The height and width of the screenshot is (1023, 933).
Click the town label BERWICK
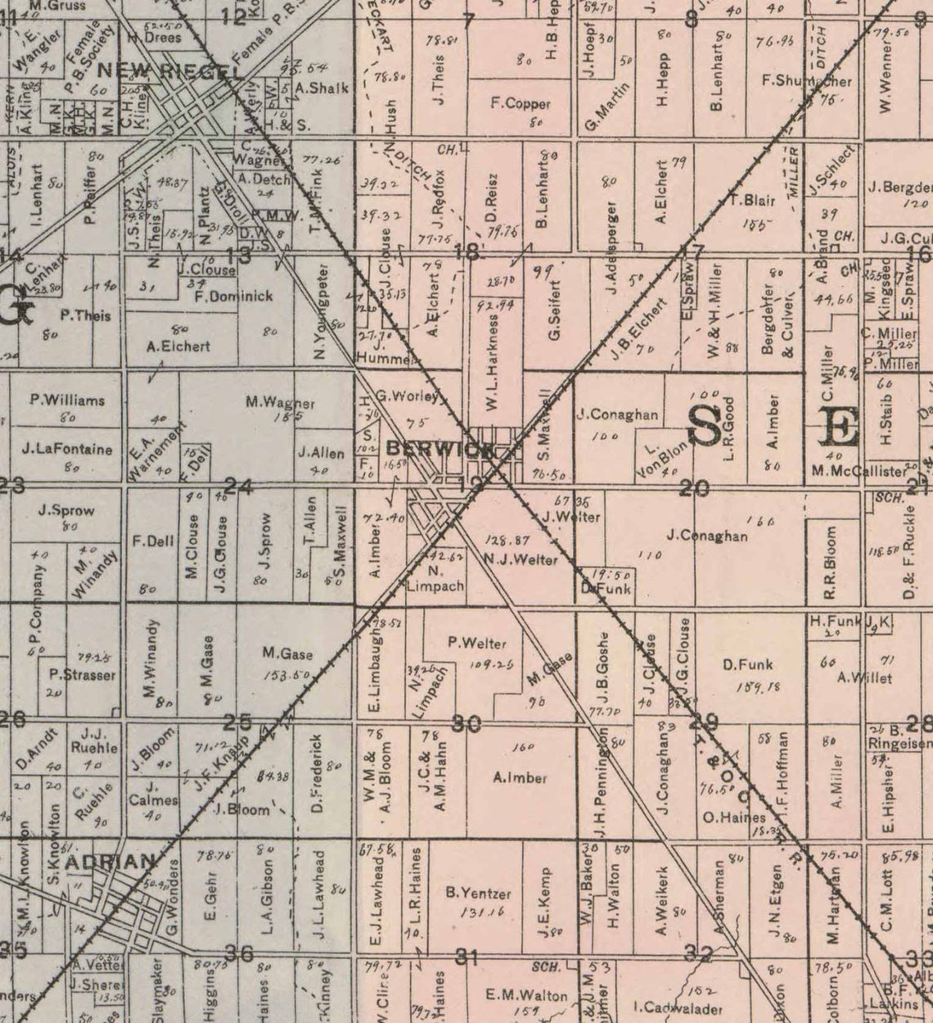(x=439, y=450)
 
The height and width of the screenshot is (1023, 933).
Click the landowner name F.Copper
(x=521, y=104)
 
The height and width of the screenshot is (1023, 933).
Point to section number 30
(x=466, y=724)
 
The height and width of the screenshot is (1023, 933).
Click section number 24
(x=237, y=487)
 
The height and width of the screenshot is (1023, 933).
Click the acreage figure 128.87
(x=507, y=541)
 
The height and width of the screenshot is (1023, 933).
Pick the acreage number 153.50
(x=287, y=675)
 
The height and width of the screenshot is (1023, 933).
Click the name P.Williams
(x=67, y=401)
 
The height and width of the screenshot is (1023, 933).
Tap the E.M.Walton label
(x=527, y=996)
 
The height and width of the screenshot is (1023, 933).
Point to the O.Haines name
(x=734, y=817)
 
